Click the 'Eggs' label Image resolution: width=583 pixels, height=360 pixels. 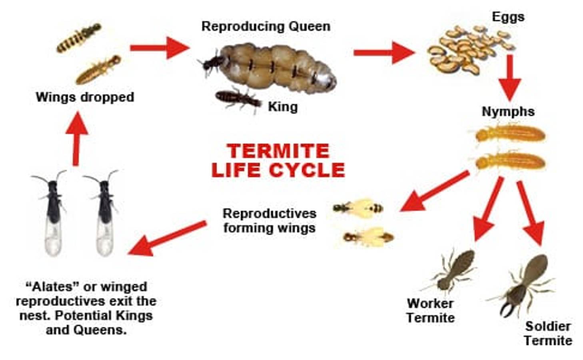(508, 18)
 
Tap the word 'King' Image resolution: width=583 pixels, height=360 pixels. (283, 107)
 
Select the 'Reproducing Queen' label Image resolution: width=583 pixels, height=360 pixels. (266, 26)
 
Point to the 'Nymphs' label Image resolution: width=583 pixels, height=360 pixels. (508, 112)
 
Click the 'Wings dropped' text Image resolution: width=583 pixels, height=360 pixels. (85, 97)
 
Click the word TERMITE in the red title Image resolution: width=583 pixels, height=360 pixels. (278, 151)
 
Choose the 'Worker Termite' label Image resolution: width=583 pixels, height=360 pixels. (431, 310)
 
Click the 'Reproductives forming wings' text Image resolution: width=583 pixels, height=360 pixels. (270, 221)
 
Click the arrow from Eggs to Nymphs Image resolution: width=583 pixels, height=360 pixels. (510, 78)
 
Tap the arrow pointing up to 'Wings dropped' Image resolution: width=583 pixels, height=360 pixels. (76, 139)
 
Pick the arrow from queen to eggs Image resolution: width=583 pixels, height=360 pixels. (383, 53)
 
